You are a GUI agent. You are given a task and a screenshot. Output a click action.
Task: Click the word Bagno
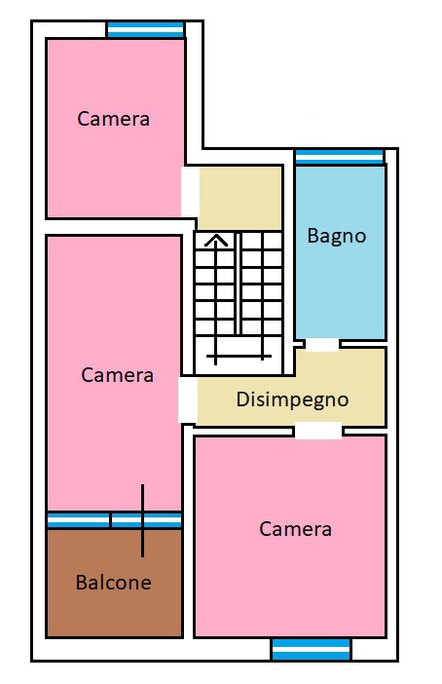[336, 237]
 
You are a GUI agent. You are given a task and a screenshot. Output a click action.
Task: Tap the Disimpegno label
[292, 400]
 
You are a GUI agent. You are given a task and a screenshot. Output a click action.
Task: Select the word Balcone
[113, 583]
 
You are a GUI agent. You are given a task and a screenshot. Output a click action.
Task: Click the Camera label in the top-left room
[113, 119]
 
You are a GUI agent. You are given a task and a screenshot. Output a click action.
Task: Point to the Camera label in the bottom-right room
[295, 529]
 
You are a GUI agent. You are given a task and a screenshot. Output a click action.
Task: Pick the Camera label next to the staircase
[117, 375]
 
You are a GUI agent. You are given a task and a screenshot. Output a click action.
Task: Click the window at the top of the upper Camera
[145, 29]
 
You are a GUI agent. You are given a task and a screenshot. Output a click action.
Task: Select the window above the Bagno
[339, 157]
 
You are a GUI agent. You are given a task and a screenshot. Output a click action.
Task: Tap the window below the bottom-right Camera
[311, 649]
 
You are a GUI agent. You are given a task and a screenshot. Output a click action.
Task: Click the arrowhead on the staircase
[216, 241]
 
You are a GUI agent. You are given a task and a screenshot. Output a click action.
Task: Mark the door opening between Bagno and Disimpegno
[322, 345]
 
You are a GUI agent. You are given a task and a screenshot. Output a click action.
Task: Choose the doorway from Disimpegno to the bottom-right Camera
[318, 431]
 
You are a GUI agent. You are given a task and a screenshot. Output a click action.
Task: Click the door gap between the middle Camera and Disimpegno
[188, 399]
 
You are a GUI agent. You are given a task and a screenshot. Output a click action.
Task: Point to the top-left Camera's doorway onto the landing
[190, 192]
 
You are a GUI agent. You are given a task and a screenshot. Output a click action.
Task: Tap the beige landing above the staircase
[239, 198]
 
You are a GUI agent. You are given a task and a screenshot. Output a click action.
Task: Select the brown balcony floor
[114, 583]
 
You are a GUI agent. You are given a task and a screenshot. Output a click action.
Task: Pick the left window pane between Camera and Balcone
[78, 520]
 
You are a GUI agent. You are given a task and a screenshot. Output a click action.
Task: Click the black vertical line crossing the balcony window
[142, 520]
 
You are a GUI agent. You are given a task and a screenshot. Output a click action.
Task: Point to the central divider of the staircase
[238, 284]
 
